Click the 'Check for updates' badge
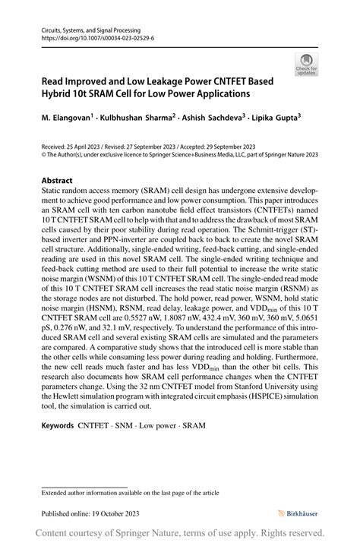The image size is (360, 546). coord(307,64)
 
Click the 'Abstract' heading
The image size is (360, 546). coord(57,181)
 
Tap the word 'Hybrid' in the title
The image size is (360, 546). coord(60,93)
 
